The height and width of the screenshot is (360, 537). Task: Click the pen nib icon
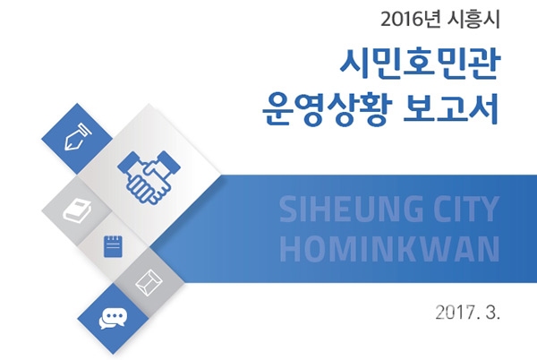pos(78,136)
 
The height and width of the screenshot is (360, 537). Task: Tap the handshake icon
pos(149,178)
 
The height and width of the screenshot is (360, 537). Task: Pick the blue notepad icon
pos(113,246)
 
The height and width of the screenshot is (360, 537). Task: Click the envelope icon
pos(149,282)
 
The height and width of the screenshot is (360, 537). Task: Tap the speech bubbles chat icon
pos(113,319)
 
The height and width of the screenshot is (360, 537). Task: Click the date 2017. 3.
pos(468,313)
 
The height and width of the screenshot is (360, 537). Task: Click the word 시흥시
pos(473,20)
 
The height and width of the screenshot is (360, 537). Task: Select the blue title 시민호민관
pos(419,64)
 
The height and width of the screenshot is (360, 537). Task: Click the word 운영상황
pos(326,109)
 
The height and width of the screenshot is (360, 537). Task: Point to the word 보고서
pos(451,108)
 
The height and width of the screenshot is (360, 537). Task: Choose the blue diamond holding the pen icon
pos(77,139)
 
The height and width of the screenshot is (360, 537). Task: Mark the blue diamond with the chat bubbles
pos(113,319)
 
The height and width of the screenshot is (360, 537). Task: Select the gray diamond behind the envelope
pos(150,282)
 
